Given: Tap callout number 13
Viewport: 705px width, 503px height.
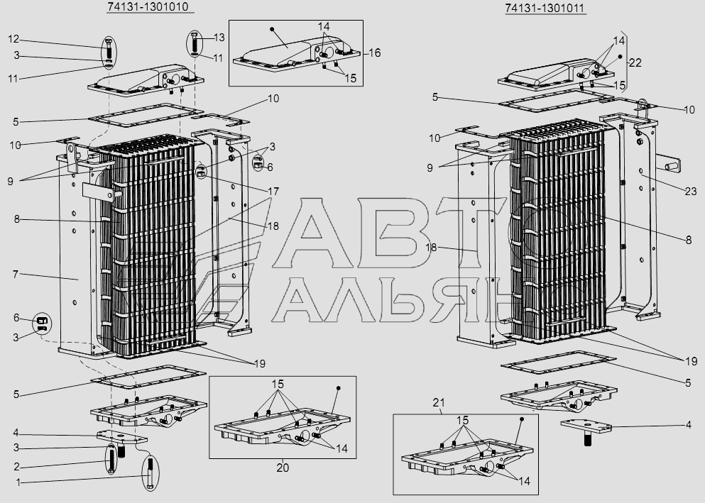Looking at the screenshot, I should [x=219, y=37].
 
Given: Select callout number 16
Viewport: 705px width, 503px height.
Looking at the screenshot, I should [x=374, y=53].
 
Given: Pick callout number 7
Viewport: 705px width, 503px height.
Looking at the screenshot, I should [x=15, y=272].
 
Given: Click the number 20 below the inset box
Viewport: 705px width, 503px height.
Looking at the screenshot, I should [x=283, y=468].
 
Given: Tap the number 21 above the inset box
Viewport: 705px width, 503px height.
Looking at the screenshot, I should [x=437, y=403].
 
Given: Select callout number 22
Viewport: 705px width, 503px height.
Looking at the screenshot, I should [x=635, y=63].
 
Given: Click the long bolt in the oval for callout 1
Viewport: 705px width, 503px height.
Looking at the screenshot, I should [x=151, y=474].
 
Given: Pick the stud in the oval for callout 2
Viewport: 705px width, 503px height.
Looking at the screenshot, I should [x=113, y=460].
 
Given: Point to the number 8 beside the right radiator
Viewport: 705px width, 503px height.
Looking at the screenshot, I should [x=688, y=241].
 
